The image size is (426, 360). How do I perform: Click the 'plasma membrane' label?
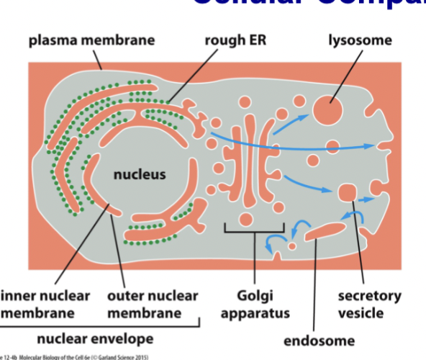pos(84,39)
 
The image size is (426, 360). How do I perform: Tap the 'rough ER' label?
pos(235,39)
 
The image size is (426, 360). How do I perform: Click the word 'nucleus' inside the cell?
pos(139,174)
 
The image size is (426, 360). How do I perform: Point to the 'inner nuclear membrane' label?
pos(45,304)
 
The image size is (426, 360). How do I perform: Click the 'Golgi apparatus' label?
pos(255,304)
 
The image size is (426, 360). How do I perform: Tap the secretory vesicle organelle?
pos(348,193)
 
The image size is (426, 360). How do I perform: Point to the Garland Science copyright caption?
pos(72,356)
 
